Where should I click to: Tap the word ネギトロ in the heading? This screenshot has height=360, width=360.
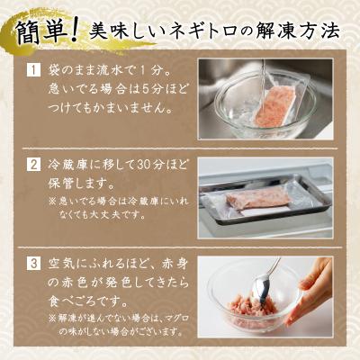click(x=201, y=31)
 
